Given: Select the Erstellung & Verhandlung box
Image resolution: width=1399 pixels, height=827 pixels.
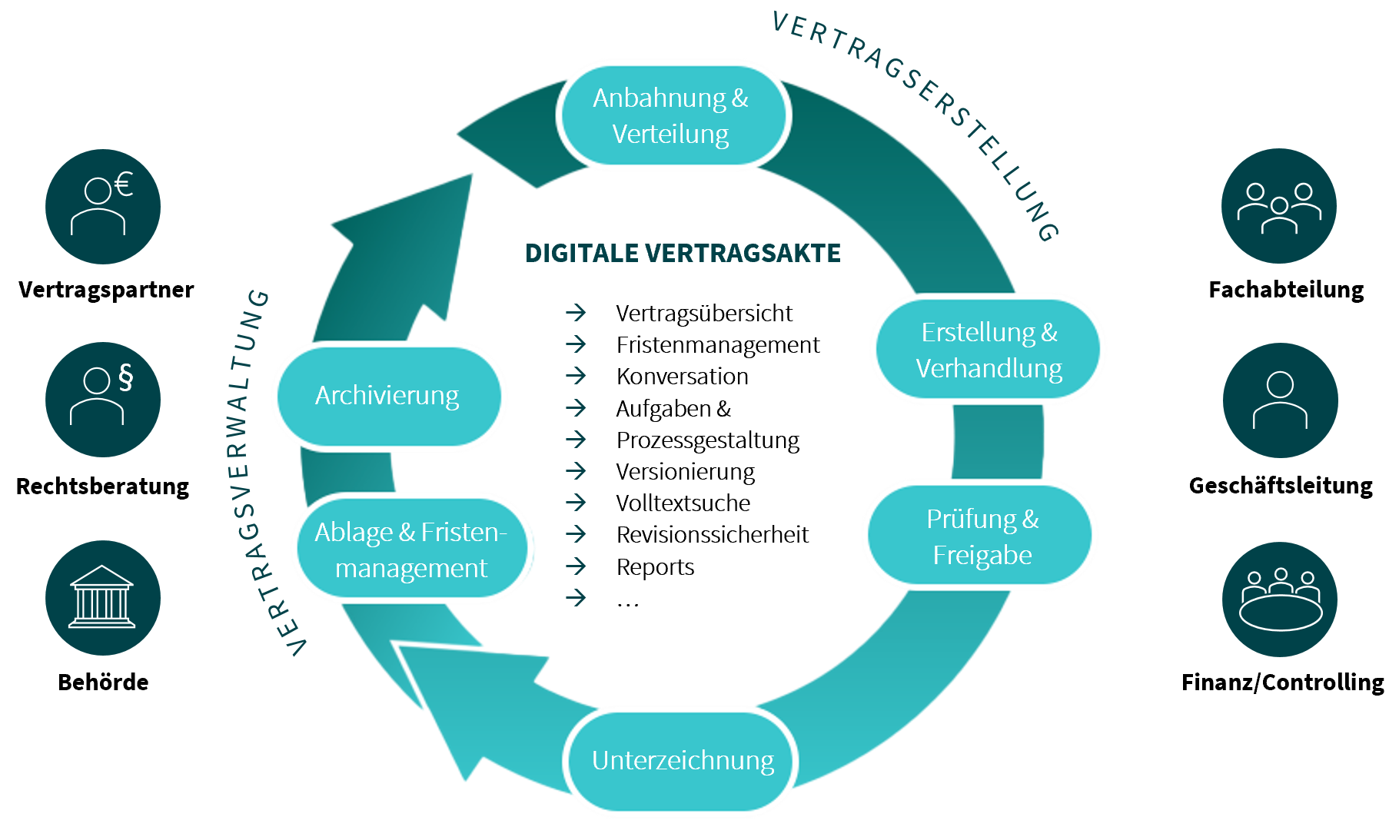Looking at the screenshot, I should tap(989, 350).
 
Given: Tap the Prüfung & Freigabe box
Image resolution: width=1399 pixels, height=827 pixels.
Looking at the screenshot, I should tap(981, 536).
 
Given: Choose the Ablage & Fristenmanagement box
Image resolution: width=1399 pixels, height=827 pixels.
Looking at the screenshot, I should tap(412, 549).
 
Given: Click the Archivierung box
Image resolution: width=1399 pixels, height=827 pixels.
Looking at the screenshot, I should tap(389, 396).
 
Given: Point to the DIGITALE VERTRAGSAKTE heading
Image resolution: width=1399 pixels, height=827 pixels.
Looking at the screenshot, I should tap(683, 254).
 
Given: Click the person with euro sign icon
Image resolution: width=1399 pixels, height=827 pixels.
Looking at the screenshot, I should tap(103, 207).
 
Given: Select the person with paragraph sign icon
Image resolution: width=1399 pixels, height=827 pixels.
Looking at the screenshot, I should tap(103, 400).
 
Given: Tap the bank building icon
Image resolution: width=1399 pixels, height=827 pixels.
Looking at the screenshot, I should tap(103, 598).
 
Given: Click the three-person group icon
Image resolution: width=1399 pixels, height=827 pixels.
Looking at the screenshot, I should tap(1279, 206).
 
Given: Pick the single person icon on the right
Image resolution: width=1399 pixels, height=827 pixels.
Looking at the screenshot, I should tap(1280, 400).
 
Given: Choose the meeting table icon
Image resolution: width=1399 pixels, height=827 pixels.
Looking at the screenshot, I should tap(1280, 599).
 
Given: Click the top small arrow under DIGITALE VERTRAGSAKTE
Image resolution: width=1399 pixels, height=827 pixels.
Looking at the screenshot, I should tap(576, 313).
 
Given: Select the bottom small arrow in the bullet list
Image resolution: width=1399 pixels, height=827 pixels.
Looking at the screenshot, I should tap(576, 597).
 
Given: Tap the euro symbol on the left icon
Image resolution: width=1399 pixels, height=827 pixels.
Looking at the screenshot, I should tap(124, 184).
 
